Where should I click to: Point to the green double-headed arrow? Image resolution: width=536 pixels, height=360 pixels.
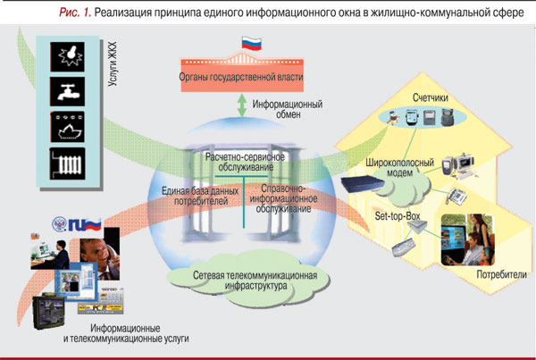coord(239,104)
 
